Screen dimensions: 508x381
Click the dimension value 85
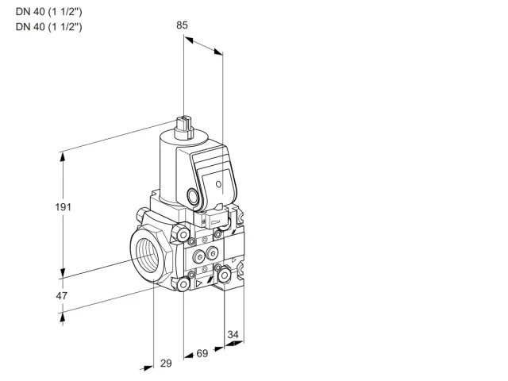point(182,25)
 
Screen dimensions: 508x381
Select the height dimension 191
point(63,207)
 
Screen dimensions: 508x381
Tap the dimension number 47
point(62,296)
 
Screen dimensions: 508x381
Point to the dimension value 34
point(233,334)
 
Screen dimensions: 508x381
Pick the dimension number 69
point(202,353)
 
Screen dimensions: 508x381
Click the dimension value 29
point(166,364)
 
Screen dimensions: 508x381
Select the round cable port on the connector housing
point(193,196)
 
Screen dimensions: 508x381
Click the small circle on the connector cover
point(219,184)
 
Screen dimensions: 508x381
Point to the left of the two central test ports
point(199,257)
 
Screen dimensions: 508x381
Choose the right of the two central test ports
point(212,253)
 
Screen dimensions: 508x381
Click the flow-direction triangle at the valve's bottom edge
point(198,284)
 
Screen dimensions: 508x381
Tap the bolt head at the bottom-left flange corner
point(183,284)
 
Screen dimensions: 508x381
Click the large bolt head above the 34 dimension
point(224,275)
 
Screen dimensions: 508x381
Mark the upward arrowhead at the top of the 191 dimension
point(63,157)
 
